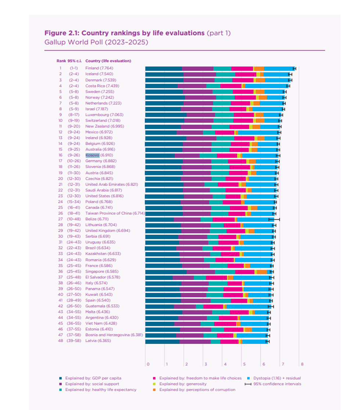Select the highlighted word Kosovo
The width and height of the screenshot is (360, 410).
pos(93,155)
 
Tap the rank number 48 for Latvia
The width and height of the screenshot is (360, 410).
pos(60,341)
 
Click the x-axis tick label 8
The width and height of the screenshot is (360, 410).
pos(302,364)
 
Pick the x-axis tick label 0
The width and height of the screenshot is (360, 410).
pos(148,364)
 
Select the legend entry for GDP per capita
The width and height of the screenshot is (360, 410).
pos(93,378)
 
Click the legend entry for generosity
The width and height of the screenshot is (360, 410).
pos(183,384)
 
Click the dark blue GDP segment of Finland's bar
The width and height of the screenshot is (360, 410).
pos(163,68)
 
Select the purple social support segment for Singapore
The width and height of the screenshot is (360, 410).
pos(201,272)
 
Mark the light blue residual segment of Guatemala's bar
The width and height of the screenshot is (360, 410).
pos(247,306)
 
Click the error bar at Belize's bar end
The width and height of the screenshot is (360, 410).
pos(274,219)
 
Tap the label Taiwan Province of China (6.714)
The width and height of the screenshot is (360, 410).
pos(115,213)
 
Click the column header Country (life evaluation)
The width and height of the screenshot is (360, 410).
pos(108,61)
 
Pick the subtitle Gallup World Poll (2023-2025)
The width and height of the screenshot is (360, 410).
pos(96,42)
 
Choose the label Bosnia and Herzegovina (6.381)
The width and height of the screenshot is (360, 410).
pos(112,335)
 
